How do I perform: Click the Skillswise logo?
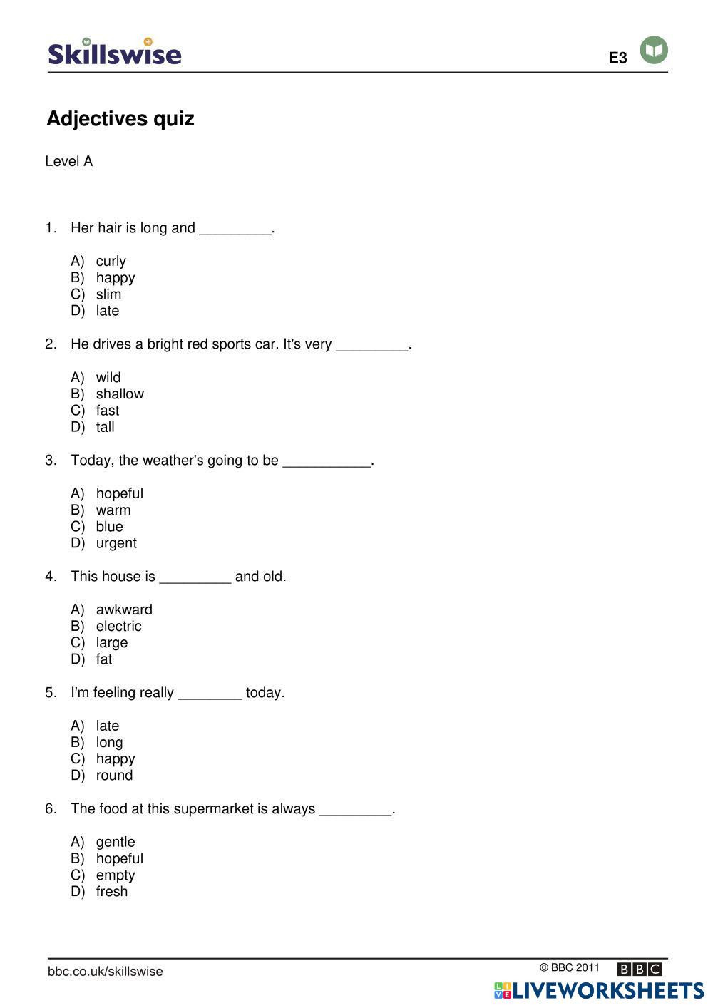(x=115, y=53)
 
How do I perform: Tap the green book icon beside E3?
(x=654, y=50)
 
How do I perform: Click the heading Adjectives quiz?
(x=120, y=118)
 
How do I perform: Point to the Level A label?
(x=69, y=161)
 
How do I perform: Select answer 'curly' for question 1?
(x=111, y=261)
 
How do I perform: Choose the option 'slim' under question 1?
(x=108, y=294)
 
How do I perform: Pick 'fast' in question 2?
(x=108, y=410)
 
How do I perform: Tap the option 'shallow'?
(x=120, y=394)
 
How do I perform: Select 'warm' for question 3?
(x=113, y=510)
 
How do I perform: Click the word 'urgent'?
(x=116, y=542)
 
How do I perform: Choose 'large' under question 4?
(x=112, y=642)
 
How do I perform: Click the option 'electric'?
(x=118, y=626)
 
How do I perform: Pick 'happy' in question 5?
(x=116, y=758)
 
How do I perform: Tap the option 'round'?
(x=114, y=775)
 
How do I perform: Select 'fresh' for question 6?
(x=112, y=891)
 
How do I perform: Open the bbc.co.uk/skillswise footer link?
(x=106, y=971)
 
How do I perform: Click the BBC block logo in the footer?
(x=640, y=969)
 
